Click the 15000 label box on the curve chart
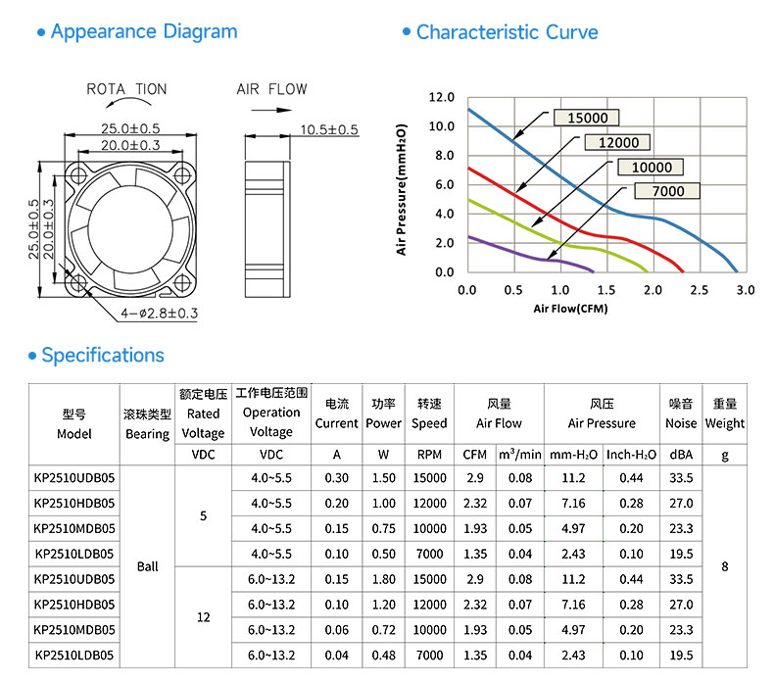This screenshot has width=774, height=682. point(587,118)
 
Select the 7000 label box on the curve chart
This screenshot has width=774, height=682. point(667,191)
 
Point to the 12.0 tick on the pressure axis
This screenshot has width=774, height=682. point(441,97)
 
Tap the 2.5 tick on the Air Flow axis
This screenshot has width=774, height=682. point(700,290)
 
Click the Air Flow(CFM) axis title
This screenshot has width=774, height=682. point(570,309)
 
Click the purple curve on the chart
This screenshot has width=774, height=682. point(528,255)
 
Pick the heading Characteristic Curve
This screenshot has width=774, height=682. point(507,32)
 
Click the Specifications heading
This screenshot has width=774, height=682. point(103,355)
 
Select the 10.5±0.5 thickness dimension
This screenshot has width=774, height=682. point(329,130)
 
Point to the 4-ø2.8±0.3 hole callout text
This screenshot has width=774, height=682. point(160,314)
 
